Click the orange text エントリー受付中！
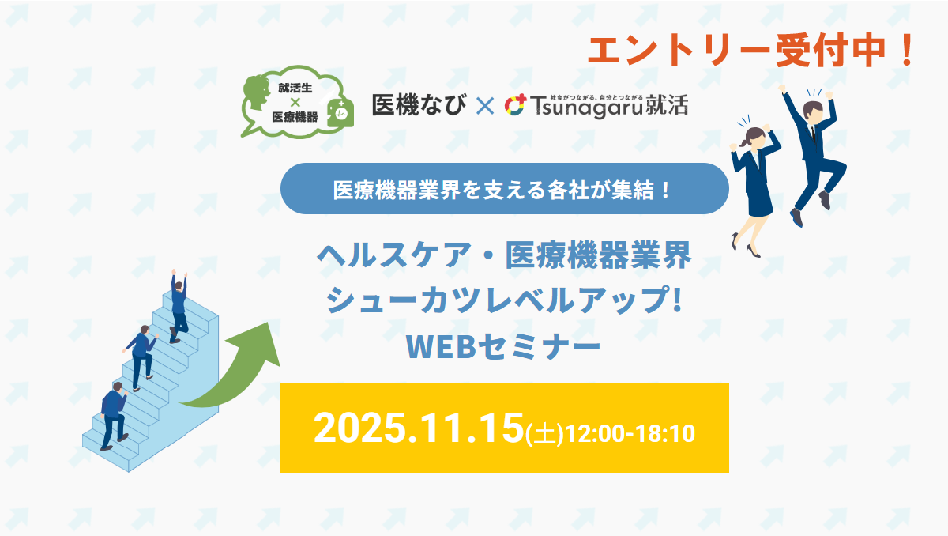pyautogui.click(x=751, y=51)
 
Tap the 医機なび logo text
pyautogui.click(x=419, y=104)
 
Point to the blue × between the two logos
pyautogui.click(x=485, y=106)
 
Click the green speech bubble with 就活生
pyautogui.click(x=297, y=102)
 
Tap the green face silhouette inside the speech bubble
pyautogui.click(x=257, y=94)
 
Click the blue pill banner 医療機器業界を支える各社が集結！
pyautogui.click(x=505, y=189)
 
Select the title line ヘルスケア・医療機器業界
pyautogui.click(x=504, y=255)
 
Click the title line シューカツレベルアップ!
pyautogui.click(x=504, y=300)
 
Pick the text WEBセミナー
pyautogui.click(x=503, y=347)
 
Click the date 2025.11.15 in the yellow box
pyautogui.click(x=418, y=428)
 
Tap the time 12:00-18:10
pyautogui.click(x=630, y=433)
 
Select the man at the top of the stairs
pyautogui.click(x=179, y=306)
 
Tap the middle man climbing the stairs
pyautogui.click(x=141, y=357)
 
